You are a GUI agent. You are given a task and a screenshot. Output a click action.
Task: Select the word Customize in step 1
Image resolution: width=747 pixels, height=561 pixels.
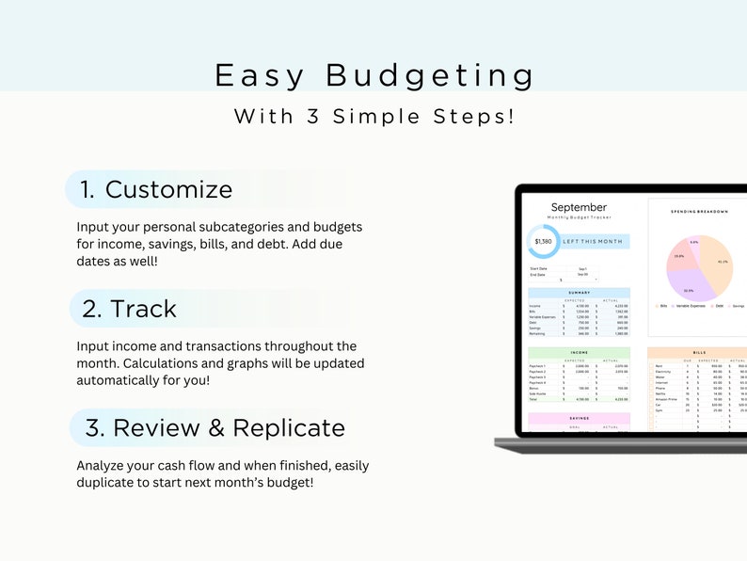[168, 189]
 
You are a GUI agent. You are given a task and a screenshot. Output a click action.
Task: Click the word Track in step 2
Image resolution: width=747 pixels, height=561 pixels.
[143, 309]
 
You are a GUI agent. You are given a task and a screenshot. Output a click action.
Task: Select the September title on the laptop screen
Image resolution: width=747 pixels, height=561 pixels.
[579, 207]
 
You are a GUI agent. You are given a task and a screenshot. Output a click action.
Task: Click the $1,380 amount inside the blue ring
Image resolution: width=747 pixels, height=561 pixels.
[544, 242]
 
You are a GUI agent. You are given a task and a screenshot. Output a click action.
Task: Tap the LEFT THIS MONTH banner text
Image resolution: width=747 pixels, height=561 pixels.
[593, 242]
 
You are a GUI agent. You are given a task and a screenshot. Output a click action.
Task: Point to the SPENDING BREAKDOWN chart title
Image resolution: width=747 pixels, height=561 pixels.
[699, 211]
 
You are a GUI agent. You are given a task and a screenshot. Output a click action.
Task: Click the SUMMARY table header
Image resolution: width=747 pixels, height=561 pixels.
[579, 293]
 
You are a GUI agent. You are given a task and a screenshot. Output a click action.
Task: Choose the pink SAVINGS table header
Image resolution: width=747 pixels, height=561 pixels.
[579, 418]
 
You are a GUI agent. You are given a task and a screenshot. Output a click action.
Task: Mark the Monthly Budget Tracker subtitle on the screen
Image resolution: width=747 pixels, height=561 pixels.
[579, 217]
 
